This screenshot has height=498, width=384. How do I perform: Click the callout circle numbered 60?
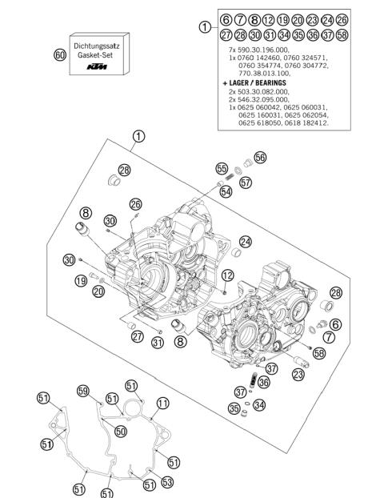(x=59, y=54)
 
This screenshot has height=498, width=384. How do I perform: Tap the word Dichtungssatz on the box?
(x=96, y=38)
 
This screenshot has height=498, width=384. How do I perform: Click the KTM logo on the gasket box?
(x=96, y=65)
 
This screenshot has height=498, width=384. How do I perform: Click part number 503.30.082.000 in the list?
(x=266, y=92)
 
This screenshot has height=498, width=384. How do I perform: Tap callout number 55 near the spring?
(x=222, y=168)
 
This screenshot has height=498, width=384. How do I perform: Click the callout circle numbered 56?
(x=260, y=157)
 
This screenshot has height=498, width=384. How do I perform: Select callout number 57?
(x=245, y=183)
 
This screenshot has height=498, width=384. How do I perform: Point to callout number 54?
(x=226, y=192)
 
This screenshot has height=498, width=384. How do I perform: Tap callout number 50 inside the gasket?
(x=120, y=431)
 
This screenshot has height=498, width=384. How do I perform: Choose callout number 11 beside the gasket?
(x=162, y=403)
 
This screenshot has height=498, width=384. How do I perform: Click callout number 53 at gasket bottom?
(x=166, y=481)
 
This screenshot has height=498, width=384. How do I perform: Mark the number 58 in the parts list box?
(x=342, y=34)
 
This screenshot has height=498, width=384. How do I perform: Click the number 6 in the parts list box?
(x=226, y=19)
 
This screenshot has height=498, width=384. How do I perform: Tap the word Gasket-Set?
(x=96, y=48)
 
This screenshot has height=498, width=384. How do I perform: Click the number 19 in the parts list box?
(x=283, y=19)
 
